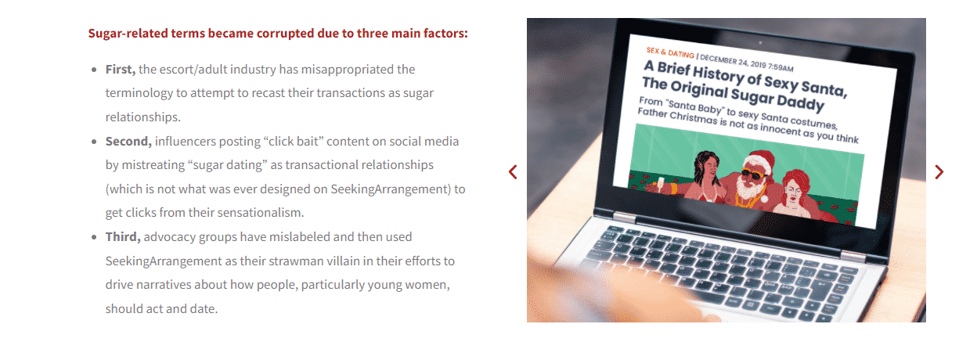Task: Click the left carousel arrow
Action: click(513, 172)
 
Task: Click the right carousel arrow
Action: click(939, 172)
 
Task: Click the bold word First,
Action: click(121, 70)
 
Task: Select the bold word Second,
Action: click(128, 142)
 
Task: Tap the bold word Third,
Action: click(123, 237)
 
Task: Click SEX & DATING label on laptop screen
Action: click(670, 52)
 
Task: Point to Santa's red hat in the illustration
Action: click(760, 160)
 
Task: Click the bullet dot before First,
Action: click(94, 70)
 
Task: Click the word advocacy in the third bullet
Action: click(170, 237)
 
